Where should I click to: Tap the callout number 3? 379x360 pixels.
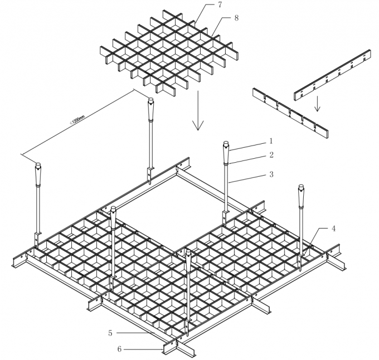pyautogui.click(x=271, y=175)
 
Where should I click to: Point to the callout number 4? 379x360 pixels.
pyautogui.click(x=333, y=229)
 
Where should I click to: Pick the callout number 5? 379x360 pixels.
pyautogui.click(x=110, y=333)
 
